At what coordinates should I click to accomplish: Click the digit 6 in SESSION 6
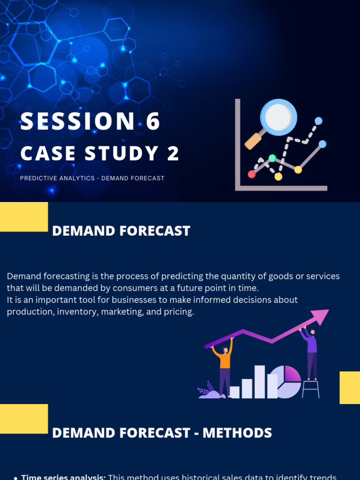click(153, 121)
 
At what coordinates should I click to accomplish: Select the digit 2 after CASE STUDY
click(173, 154)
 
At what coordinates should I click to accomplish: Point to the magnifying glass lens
click(278, 117)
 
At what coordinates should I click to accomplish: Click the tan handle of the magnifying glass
click(254, 141)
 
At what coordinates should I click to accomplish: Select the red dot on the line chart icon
click(252, 174)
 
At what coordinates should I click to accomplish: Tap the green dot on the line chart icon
click(272, 158)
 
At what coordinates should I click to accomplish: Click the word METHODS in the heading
click(237, 433)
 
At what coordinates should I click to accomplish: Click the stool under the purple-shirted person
click(310, 389)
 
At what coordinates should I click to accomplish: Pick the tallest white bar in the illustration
click(259, 382)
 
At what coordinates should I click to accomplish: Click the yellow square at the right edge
click(350, 388)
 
